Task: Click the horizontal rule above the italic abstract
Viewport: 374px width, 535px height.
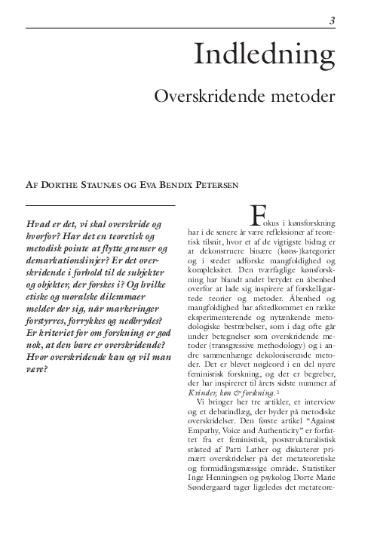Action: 100,204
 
